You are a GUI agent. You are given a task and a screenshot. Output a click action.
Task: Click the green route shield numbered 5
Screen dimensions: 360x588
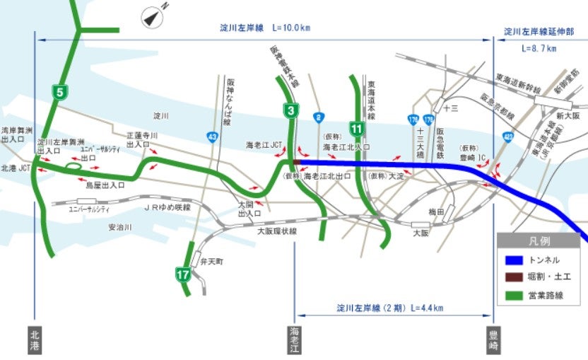tap(60, 91)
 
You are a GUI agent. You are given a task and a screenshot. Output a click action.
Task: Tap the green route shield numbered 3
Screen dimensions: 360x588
tap(290, 110)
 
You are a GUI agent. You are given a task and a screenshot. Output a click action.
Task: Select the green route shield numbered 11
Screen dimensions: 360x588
tap(358, 129)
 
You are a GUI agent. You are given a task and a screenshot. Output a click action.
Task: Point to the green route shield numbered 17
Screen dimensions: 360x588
tap(183, 273)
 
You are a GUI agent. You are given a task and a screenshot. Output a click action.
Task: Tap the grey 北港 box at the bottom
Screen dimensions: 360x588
tap(34, 339)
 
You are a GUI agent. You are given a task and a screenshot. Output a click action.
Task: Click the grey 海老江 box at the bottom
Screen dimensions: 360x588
tap(294, 339)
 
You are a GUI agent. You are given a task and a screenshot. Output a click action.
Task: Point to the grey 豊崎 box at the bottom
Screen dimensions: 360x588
tap(493, 339)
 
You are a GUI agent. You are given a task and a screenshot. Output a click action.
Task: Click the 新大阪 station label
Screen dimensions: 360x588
tap(568, 115)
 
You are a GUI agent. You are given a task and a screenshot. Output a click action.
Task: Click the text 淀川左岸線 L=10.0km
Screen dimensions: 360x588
tap(264, 28)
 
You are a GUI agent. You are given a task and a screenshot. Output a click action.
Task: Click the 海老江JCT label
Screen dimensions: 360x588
tap(264, 144)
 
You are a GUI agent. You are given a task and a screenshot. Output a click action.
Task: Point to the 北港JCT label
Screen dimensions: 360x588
tap(15, 168)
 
